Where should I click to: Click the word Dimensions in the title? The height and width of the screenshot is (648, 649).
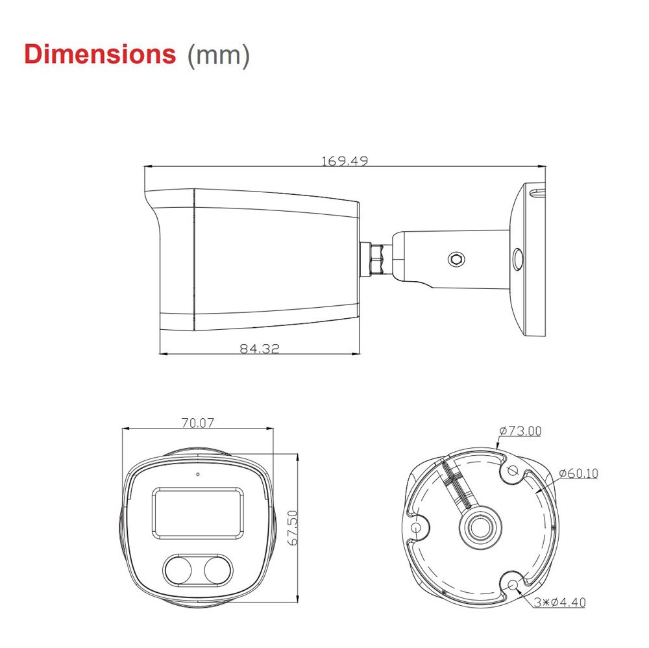[x=100, y=54]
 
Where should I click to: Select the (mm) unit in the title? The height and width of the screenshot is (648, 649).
[x=218, y=55]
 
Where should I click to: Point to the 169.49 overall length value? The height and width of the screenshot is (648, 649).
[x=345, y=160]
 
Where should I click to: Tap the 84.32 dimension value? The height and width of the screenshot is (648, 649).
[x=260, y=349]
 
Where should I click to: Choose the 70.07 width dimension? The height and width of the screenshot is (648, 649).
[x=198, y=423]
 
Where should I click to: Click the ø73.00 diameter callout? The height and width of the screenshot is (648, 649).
[x=520, y=430]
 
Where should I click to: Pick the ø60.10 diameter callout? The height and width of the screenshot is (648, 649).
[x=578, y=473]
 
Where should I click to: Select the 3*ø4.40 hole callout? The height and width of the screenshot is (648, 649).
[x=560, y=603]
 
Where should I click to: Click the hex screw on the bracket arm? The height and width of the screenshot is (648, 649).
[x=456, y=259]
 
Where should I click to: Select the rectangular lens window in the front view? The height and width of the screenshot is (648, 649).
[x=198, y=513]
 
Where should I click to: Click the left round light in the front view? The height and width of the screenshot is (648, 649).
[x=177, y=569]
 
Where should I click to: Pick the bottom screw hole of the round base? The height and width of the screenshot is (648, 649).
[x=514, y=585]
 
